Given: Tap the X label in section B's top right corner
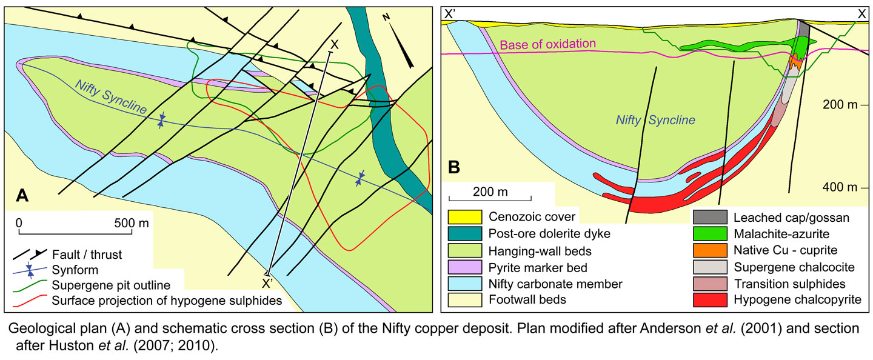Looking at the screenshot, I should click(861, 13).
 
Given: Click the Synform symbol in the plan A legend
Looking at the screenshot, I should click(30, 270).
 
